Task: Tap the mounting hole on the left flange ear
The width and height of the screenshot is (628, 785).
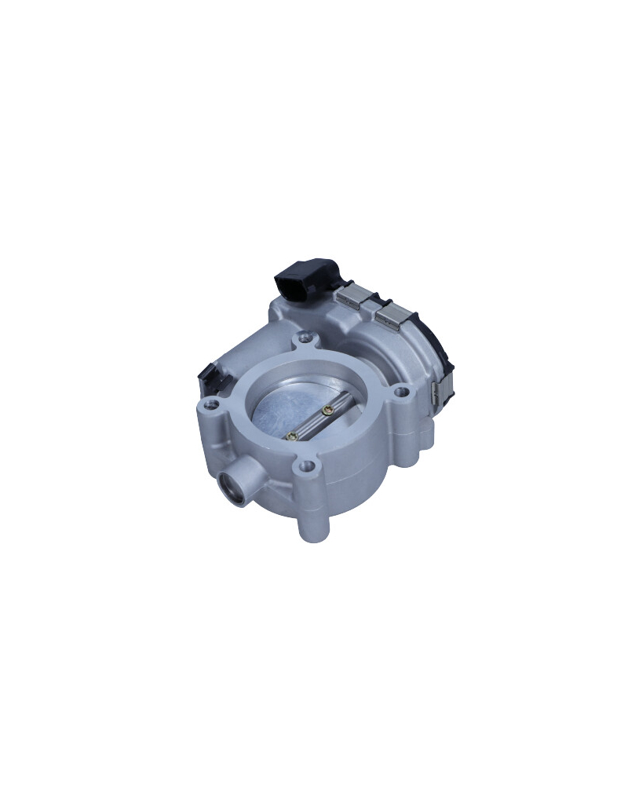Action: [210, 406]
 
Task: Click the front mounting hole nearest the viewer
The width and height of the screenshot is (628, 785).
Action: [308, 467]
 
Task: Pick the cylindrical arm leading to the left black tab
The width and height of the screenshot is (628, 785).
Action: [243, 357]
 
